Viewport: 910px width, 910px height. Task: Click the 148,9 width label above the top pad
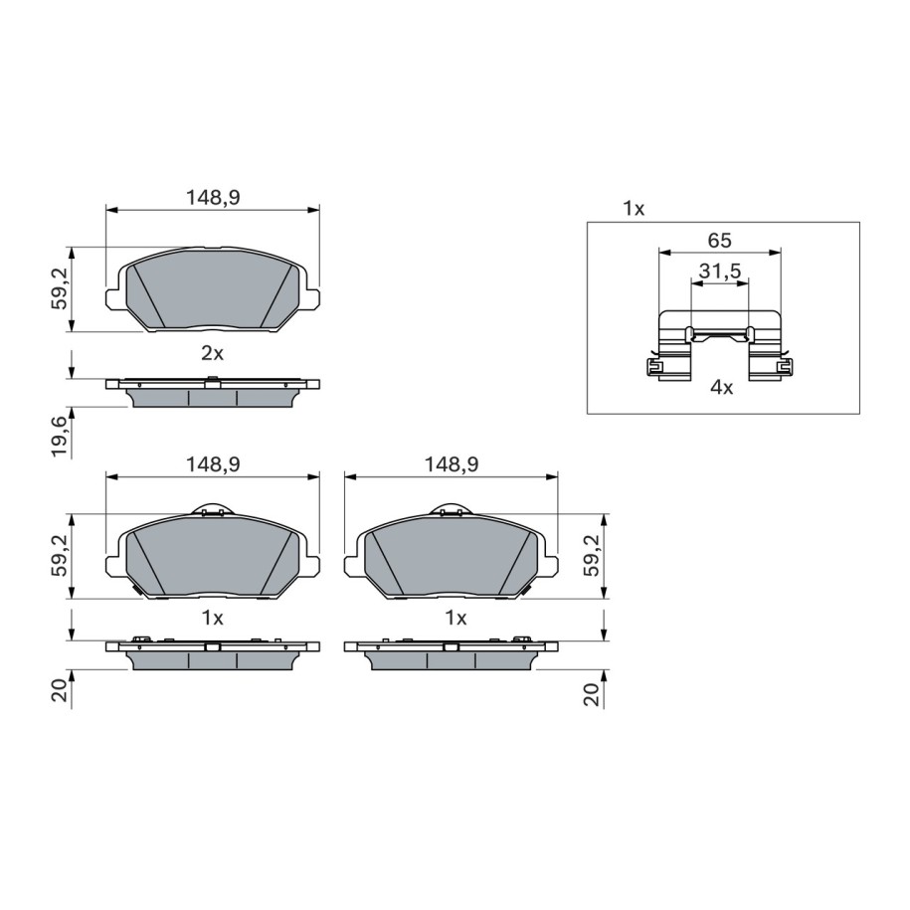coord(213,198)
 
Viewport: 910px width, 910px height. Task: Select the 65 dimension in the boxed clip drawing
coord(720,241)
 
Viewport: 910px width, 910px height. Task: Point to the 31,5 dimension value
coord(720,272)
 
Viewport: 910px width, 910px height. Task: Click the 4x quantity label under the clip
coord(721,388)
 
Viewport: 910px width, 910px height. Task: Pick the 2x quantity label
coord(212,353)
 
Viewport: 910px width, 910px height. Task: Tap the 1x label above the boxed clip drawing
coord(634,208)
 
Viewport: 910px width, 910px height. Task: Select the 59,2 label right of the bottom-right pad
coord(591,554)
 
